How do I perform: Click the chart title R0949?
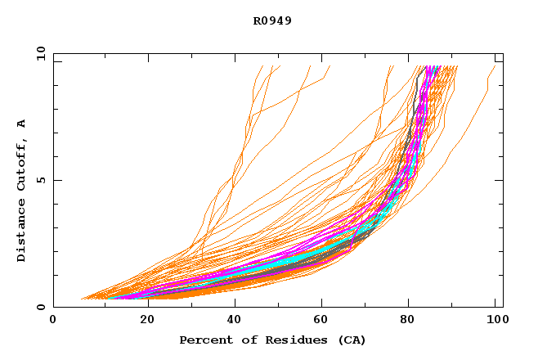click(272, 20)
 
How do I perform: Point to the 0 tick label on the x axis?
click(53, 322)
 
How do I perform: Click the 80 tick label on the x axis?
click(407, 322)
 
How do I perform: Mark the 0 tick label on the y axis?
click(40, 307)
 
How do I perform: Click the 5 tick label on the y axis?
click(40, 180)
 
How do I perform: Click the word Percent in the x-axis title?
click(204, 340)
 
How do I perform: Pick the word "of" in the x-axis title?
click(244, 340)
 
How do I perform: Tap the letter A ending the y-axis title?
click(22, 124)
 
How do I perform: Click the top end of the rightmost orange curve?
click(495, 66)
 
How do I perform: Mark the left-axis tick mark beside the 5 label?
click(56, 180)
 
